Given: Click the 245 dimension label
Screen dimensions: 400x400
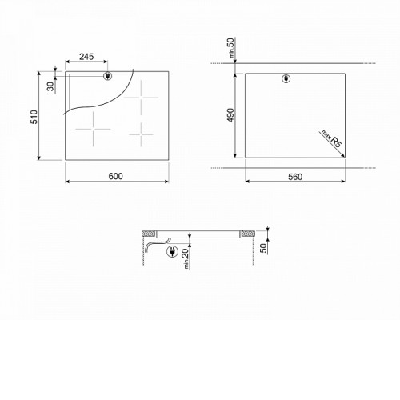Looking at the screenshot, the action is click(x=86, y=57).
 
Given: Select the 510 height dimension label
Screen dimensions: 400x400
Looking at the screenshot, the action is click(x=34, y=117).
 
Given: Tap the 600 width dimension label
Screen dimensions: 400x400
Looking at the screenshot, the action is click(x=115, y=176).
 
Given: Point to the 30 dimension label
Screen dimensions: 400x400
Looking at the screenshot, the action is click(x=50, y=86).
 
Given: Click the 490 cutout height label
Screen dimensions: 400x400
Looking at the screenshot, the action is click(x=231, y=115).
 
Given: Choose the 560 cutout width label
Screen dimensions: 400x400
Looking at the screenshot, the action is click(x=295, y=177).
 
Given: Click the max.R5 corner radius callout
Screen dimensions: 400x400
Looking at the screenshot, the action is click(x=331, y=138).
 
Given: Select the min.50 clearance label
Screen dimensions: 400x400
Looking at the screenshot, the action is click(x=231, y=47).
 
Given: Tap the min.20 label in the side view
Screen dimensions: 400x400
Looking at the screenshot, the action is click(x=186, y=258).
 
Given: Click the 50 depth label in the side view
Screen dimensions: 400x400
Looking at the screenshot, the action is click(x=263, y=248).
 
